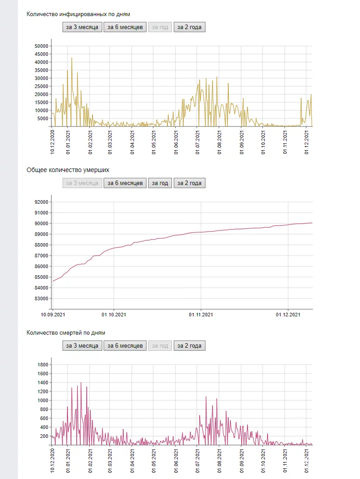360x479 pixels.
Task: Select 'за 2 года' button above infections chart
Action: (189, 27)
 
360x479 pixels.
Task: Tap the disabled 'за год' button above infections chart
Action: (160, 27)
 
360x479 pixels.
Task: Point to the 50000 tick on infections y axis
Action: (41, 46)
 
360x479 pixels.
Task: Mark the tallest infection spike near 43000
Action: (71, 58)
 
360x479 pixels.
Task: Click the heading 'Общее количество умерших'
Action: (68, 170)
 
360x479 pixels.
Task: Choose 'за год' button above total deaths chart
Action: (160, 183)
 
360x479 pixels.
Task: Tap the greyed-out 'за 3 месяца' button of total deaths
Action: (82, 183)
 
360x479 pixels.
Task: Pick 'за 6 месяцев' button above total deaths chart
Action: (125, 183)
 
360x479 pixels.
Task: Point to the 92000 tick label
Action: (41, 202)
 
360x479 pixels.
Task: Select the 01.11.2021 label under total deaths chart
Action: (201, 315)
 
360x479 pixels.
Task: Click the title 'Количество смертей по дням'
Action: (66, 332)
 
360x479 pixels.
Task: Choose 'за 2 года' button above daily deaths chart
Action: (189, 345)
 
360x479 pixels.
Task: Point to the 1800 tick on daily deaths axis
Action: (43, 365)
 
